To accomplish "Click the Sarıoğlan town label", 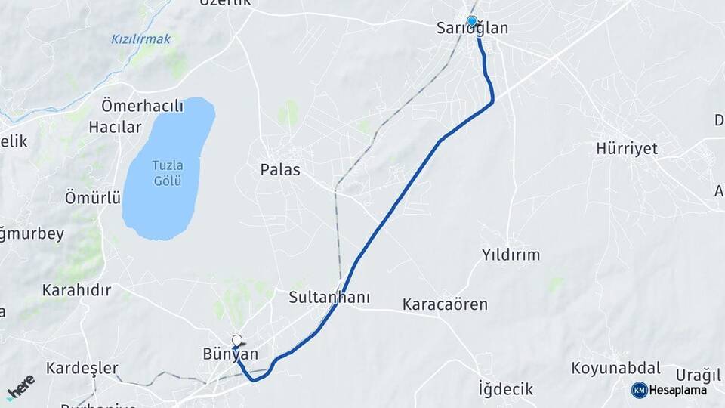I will (x=473, y=29).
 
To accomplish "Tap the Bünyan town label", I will (x=230, y=354).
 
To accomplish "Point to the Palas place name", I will (x=280, y=169).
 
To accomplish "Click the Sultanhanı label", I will (x=329, y=298).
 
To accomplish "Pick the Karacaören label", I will (x=445, y=304).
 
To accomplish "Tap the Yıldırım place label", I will (x=511, y=255).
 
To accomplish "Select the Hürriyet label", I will (x=627, y=148).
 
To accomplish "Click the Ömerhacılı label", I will (x=142, y=106).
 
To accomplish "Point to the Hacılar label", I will (x=115, y=127).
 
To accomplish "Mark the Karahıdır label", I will (x=76, y=289).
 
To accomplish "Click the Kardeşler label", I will (x=82, y=368).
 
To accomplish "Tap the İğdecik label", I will (x=506, y=389).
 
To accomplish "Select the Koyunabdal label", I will (x=615, y=368).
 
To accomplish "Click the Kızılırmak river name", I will (x=140, y=39).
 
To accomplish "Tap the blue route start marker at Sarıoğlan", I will (x=472, y=21).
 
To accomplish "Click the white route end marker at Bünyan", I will (x=237, y=340).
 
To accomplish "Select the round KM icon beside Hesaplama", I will (x=639, y=390).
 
